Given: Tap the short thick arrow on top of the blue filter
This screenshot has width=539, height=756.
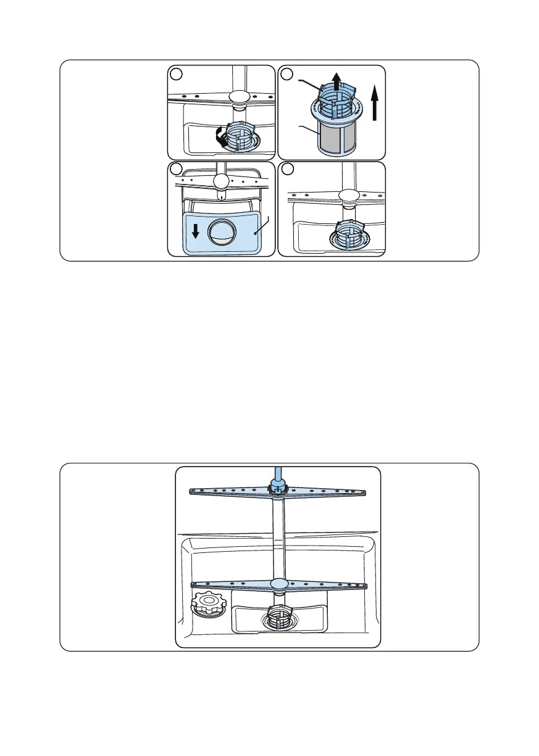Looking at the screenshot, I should click(x=335, y=80).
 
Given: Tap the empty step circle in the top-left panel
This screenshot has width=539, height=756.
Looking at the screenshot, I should click(x=177, y=73).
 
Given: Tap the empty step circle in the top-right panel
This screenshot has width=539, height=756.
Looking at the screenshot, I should click(x=286, y=73).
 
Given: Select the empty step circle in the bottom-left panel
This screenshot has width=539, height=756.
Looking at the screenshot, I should click(x=177, y=168).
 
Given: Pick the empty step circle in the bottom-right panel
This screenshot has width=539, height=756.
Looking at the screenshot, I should click(x=286, y=168).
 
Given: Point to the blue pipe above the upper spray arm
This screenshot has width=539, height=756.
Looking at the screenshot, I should click(x=277, y=475).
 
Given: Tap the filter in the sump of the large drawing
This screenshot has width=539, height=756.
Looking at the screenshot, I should click(x=278, y=618).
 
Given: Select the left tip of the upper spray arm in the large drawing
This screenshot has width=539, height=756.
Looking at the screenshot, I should click(x=192, y=491).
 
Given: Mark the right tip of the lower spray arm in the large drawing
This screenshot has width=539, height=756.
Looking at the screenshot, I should click(x=365, y=586).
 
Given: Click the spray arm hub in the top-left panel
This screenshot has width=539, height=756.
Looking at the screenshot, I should click(x=238, y=96).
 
